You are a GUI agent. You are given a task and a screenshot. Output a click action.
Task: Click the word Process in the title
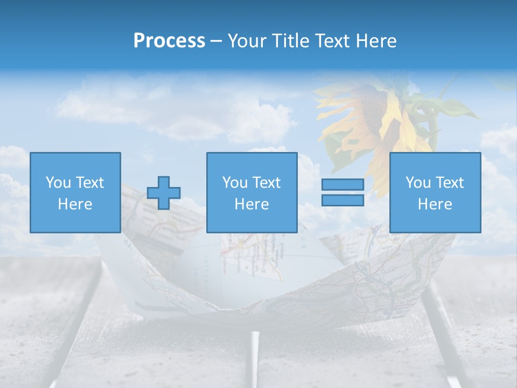pyautogui.click(x=169, y=41)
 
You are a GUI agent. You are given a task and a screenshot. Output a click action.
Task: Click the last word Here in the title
pyautogui.click(x=375, y=41)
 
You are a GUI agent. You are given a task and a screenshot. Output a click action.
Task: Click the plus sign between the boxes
pyautogui.click(x=164, y=192)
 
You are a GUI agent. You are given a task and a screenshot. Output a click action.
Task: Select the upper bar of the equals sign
pyautogui.click(x=343, y=185)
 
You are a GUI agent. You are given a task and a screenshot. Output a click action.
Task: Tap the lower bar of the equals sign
pyautogui.click(x=343, y=200)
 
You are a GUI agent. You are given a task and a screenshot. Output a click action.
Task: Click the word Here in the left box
pyautogui.click(x=75, y=204)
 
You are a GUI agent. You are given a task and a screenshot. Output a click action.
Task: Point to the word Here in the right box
pyautogui.click(x=435, y=204)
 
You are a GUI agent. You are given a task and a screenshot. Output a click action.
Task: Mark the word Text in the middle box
pyautogui.click(x=267, y=183)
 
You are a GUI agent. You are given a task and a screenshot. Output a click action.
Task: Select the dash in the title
pyautogui.click(x=216, y=41)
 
